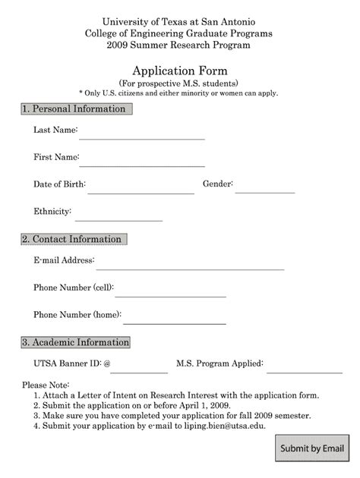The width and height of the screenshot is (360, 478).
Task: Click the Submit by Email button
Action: click(313, 448)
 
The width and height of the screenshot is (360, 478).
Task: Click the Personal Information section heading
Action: click(76, 109)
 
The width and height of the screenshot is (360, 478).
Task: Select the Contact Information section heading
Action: click(74, 240)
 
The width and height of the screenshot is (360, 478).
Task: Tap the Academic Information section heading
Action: click(75, 343)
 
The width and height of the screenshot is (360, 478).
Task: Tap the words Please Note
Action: click(46, 385)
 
